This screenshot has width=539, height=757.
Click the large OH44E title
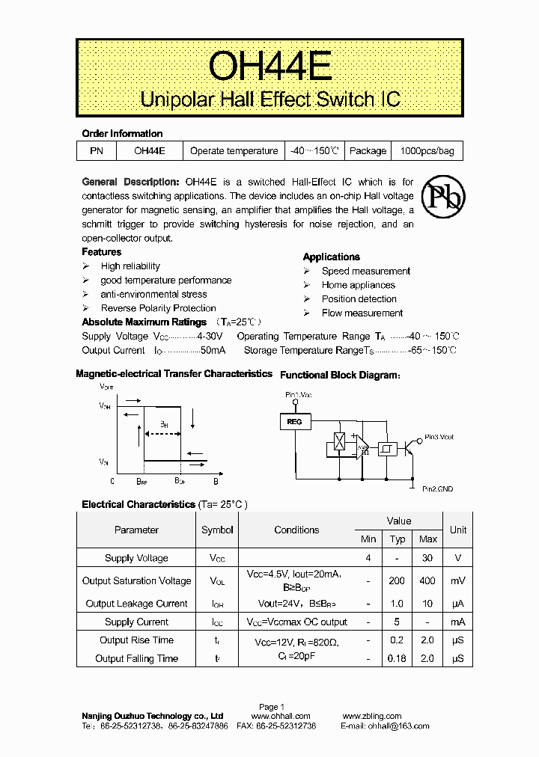pos(269,67)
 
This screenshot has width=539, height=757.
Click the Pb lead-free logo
pos(442,195)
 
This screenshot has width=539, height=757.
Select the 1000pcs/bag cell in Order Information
pos(427,151)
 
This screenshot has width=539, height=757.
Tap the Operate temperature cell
pos(234,151)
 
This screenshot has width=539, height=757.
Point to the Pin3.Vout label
pos(439,437)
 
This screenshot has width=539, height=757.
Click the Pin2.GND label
pos(437,488)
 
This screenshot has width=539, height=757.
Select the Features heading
pos(102,252)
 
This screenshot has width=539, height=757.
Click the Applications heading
pos(331,257)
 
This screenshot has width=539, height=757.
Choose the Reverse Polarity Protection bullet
pos(158,308)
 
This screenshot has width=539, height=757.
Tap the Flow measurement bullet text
pos(362,313)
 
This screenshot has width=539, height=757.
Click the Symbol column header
pos(217,530)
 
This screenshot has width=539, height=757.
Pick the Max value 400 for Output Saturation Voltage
pos(428,581)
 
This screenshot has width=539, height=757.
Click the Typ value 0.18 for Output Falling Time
pos(397,659)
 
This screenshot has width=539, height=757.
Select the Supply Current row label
pos(136,622)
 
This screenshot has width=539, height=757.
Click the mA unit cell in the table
pos(458,622)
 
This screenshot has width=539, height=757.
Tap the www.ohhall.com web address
pos(281,717)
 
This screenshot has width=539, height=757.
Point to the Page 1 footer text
pos(272,707)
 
